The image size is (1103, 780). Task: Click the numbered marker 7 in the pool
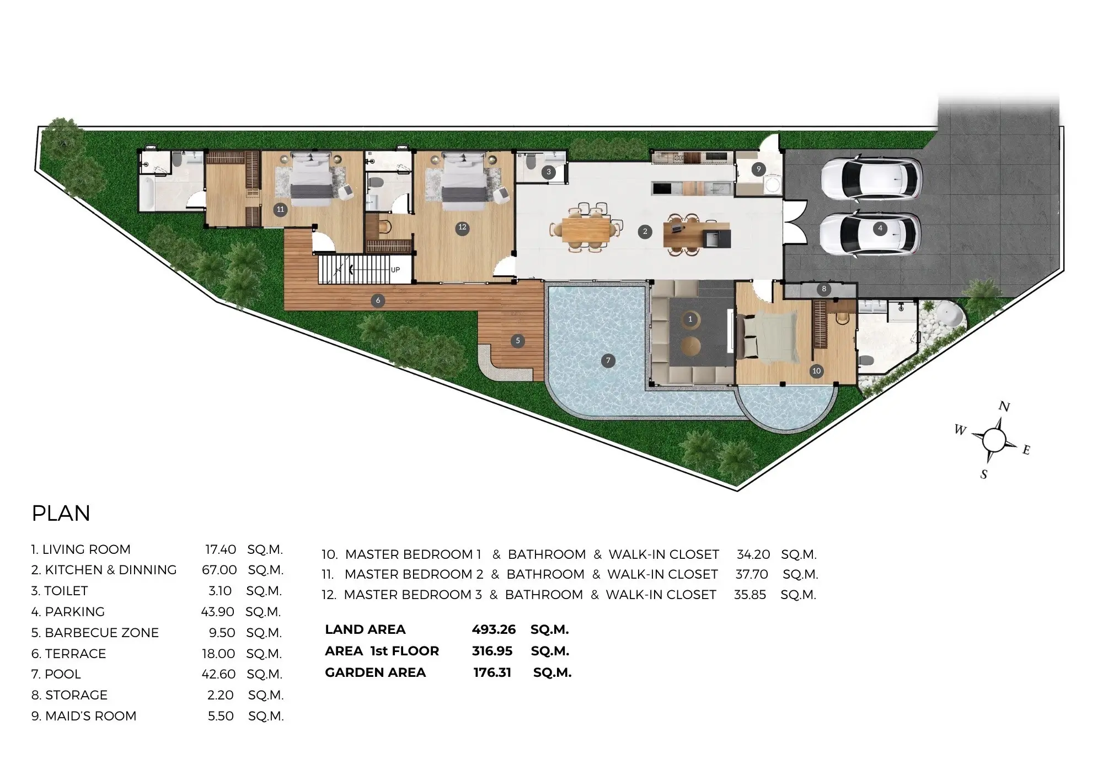[608, 361]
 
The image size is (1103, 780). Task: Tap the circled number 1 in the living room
[690, 319]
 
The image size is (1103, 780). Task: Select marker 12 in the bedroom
[462, 227]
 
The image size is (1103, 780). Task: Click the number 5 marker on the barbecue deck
[517, 341]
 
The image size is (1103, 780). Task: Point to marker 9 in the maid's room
[758, 169]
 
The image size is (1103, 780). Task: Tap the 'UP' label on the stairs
[395, 270]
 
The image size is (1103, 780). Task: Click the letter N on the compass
[1004, 407]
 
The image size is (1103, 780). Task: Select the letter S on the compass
[984, 474]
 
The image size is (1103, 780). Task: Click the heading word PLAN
[61, 514]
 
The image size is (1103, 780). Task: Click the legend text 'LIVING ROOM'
[87, 549]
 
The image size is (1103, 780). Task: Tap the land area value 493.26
[494, 629]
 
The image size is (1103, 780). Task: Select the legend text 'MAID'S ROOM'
[91, 716]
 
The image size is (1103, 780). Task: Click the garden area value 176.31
[492, 672]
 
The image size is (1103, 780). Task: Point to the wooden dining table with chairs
[586, 228]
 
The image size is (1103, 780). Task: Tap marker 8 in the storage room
[824, 289]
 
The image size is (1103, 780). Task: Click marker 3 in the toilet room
[548, 172]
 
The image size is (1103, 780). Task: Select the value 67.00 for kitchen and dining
[219, 570]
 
